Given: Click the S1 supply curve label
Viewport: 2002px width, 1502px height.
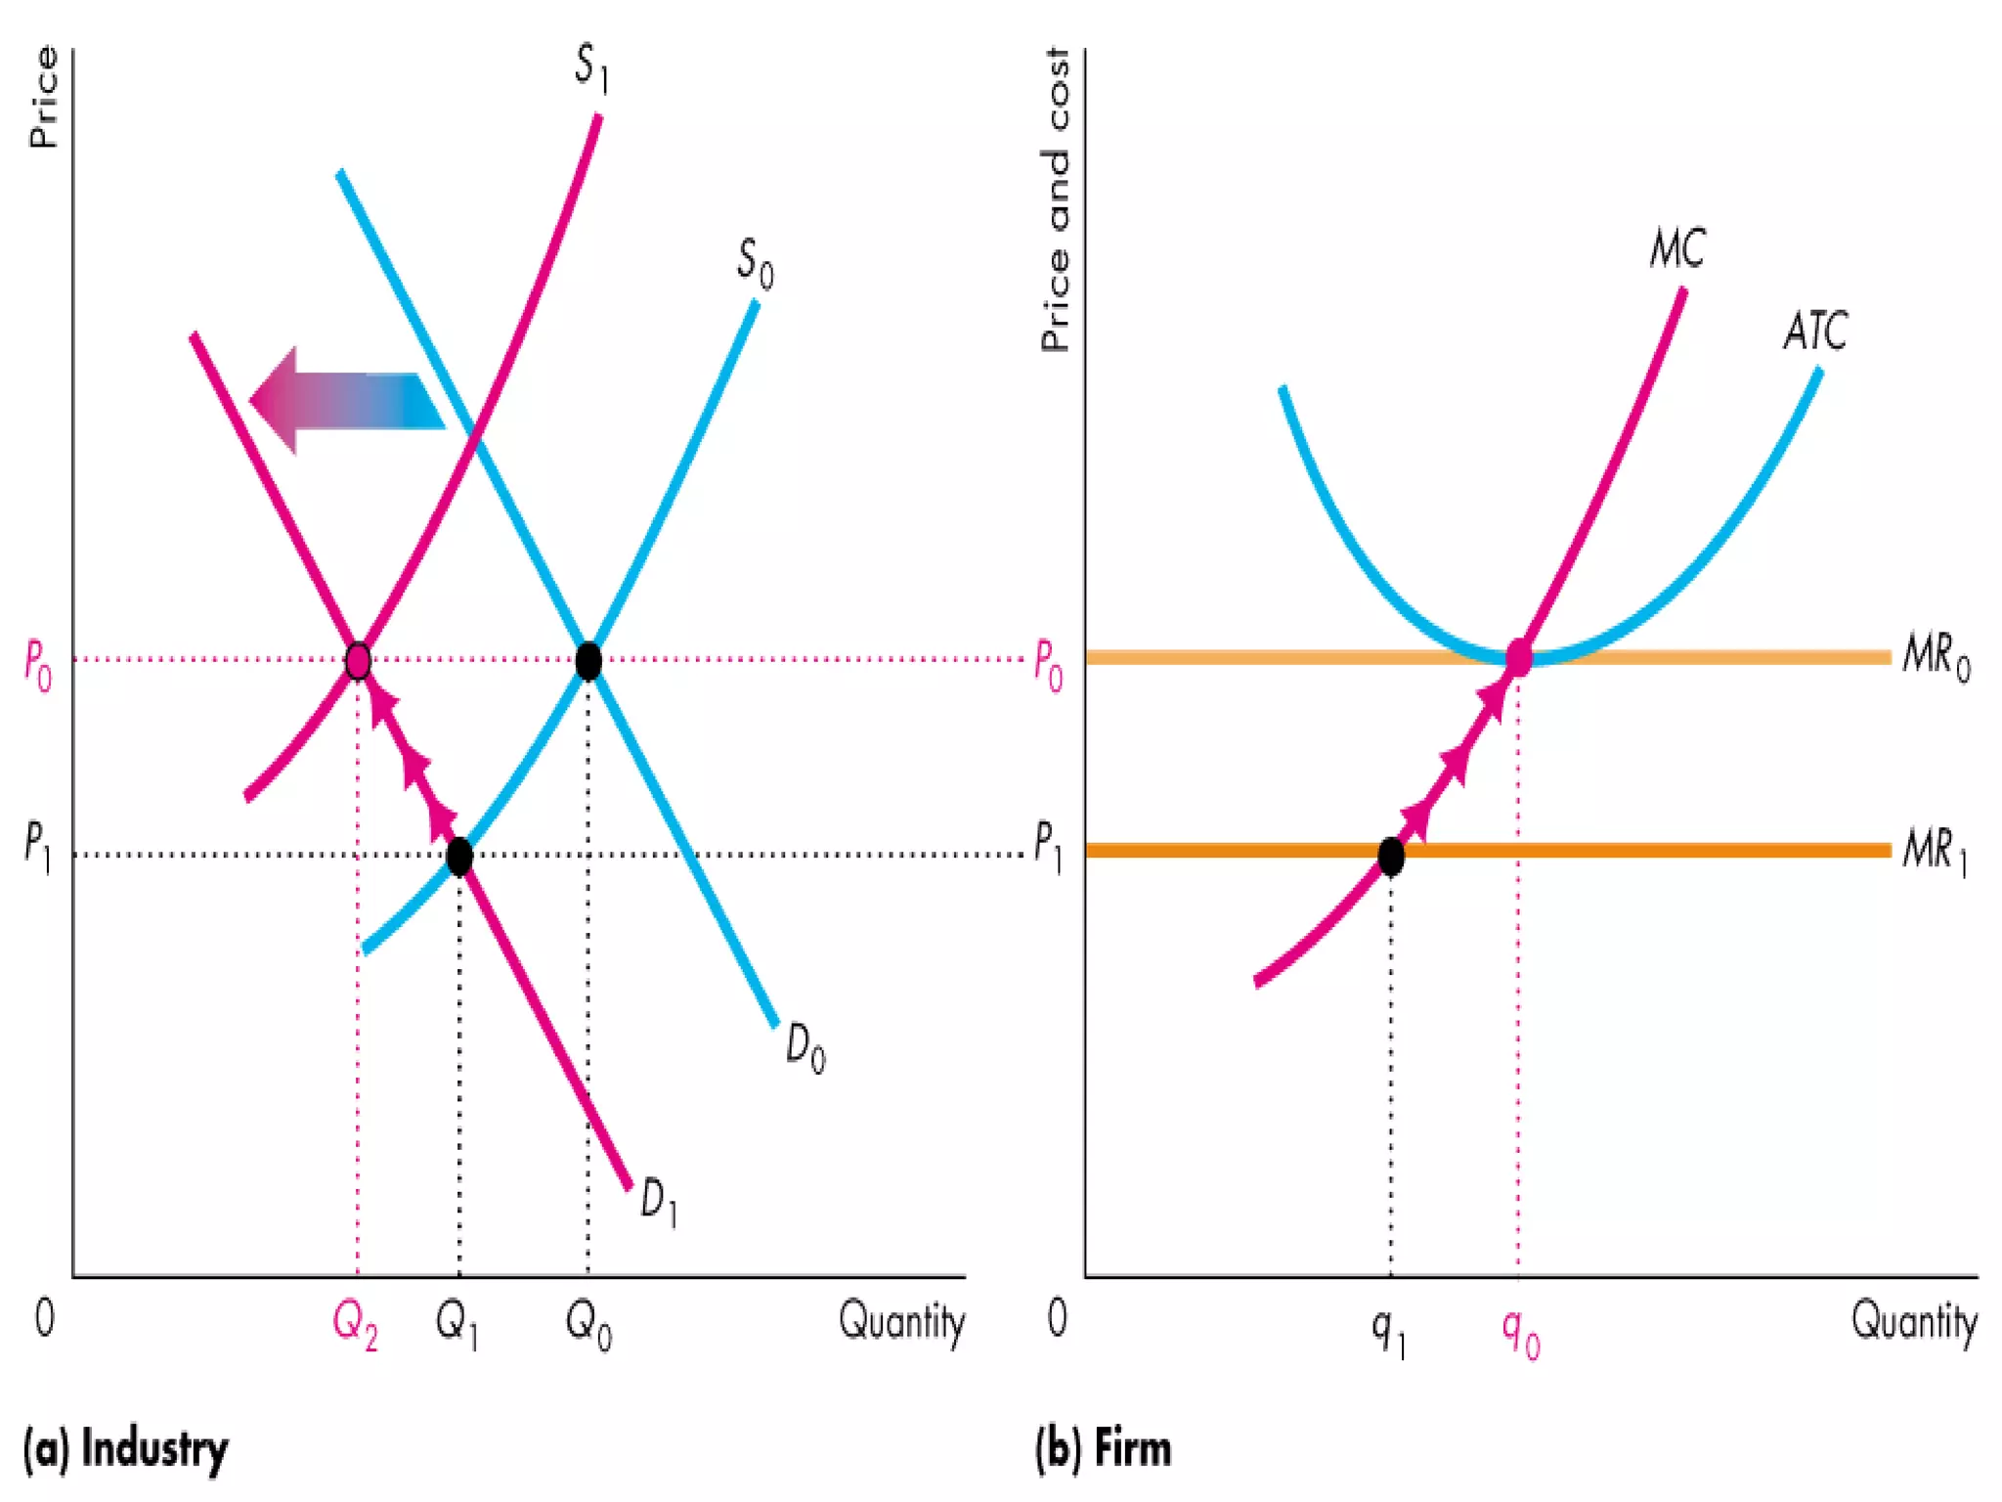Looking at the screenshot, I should pyautogui.click(x=591, y=68).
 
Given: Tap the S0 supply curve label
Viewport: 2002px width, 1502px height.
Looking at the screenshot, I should pyautogui.click(x=755, y=263).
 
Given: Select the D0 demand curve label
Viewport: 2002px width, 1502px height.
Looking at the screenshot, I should pyautogui.click(x=805, y=1048).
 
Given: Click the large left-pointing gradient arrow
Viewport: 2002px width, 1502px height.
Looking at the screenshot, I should pyautogui.click(x=347, y=401).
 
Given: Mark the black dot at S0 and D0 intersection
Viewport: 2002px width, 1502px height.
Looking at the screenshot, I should pyautogui.click(x=588, y=662).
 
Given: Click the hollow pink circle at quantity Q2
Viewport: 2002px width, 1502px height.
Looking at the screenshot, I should pyautogui.click(x=358, y=662).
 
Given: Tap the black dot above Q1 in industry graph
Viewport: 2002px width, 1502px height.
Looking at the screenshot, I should pyautogui.click(x=459, y=857).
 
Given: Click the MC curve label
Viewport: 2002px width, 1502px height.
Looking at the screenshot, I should pyautogui.click(x=1677, y=248).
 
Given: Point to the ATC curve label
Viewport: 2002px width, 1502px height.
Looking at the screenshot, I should pyautogui.click(x=1815, y=331).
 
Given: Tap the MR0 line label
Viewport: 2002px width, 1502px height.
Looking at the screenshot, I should pyautogui.click(x=1936, y=655).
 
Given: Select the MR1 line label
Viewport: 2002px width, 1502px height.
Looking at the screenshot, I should pyautogui.click(x=1935, y=850).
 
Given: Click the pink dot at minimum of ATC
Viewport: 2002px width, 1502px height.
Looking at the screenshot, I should pyautogui.click(x=1518, y=658).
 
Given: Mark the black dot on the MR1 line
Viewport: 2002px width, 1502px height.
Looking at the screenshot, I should pyautogui.click(x=1391, y=857).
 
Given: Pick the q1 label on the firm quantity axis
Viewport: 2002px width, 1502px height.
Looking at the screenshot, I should pyautogui.click(x=1388, y=1332).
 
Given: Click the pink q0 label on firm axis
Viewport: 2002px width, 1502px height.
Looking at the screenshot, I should pyautogui.click(x=1520, y=1332).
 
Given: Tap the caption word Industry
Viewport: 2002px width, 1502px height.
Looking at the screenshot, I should pyautogui.click(x=154, y=1448).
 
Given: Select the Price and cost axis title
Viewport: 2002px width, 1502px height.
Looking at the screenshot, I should pyautogui.click(x=1056, y=200).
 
